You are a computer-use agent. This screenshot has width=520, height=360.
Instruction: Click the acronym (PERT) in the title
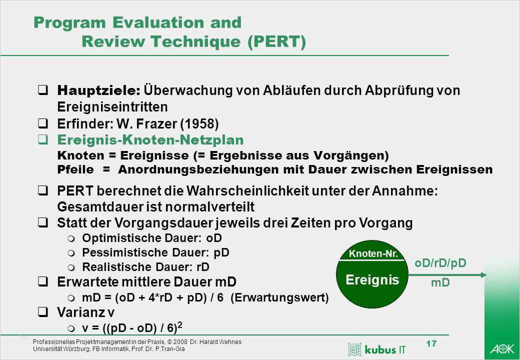click(x=276, y=42)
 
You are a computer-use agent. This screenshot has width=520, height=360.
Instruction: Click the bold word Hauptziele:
click(x=99, y=90)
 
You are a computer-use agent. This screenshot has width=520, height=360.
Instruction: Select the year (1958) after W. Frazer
click(x=199, y=124)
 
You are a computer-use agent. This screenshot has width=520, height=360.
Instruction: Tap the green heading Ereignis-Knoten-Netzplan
click(x=150, y=140)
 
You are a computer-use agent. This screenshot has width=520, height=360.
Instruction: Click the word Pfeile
click(x=75, y=169)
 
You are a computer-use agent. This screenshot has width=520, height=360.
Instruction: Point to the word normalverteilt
click(x=209, y=207)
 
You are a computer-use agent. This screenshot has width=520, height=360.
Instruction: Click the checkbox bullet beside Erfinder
click(x=43, y=123)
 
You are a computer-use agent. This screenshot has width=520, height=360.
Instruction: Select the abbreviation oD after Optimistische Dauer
click(x=214, y=238)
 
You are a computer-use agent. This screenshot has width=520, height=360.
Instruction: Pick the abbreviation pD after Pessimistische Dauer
click(x=221, y=252)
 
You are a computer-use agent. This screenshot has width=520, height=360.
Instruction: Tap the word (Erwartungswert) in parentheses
click(x=279, y=297)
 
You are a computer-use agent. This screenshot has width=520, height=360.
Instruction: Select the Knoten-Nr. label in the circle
click(x=373, y=254)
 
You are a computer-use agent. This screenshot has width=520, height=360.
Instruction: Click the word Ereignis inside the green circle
click(x=372, y=280)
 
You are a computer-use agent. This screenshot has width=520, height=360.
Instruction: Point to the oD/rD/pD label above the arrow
click(x=440, y=263)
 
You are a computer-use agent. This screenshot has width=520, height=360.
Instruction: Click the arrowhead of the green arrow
click(x=483, y=275)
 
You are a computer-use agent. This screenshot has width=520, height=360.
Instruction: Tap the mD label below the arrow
click(x=440, y=283)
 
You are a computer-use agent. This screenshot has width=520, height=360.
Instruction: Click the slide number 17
click(x=431, y=343)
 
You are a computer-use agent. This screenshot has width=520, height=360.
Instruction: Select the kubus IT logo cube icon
click(x=354, y=349)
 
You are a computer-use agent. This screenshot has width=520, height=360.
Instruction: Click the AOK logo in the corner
click(x=502, y=348)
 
